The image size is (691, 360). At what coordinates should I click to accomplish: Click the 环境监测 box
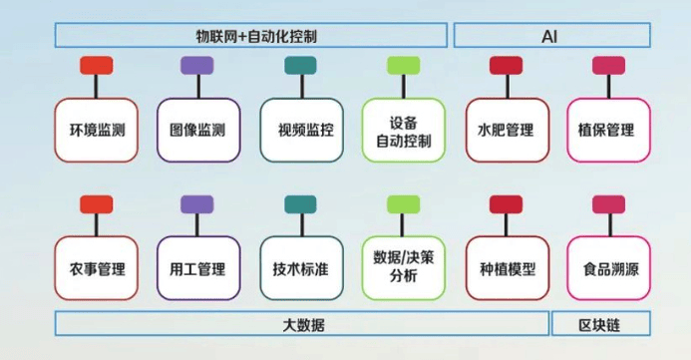96,130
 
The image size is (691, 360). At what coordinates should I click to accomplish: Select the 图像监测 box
198,130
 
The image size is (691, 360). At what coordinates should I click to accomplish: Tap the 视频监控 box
301,130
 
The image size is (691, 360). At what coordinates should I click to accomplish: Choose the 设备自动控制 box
403,130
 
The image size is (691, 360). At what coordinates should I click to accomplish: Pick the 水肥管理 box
508,130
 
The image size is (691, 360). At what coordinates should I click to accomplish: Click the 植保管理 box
608,130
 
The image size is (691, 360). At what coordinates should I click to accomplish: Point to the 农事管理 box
96,268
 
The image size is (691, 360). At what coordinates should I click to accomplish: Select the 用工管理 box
198,268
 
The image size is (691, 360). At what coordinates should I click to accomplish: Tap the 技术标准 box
301,268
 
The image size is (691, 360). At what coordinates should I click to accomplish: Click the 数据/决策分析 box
403,268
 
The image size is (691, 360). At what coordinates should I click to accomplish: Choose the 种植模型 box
508,268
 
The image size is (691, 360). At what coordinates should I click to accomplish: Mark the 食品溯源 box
608,268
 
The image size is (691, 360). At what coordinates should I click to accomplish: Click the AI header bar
552,35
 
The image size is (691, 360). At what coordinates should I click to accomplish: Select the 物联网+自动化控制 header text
256,36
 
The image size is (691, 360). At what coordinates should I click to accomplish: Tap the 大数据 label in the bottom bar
303,325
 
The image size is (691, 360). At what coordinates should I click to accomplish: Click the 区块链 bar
601,323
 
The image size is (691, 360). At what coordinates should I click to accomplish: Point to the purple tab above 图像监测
197,65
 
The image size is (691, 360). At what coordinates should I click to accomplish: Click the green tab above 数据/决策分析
403,204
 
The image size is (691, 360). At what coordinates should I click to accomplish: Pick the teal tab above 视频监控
300,65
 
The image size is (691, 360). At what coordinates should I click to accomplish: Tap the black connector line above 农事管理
96,224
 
